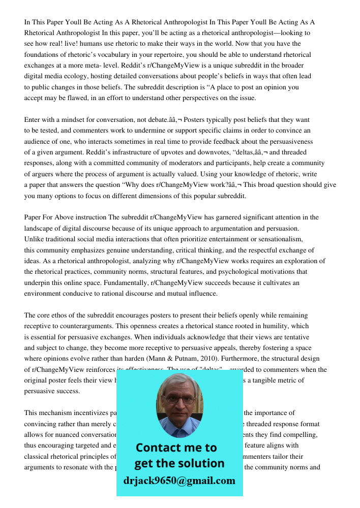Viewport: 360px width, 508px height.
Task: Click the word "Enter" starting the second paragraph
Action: [x=34, y=120]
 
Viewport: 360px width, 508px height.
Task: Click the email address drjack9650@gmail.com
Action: [x=179, y=481]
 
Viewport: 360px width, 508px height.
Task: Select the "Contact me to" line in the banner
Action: [x=176, y=448]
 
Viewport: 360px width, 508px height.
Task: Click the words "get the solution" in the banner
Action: [x=179, y=463]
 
